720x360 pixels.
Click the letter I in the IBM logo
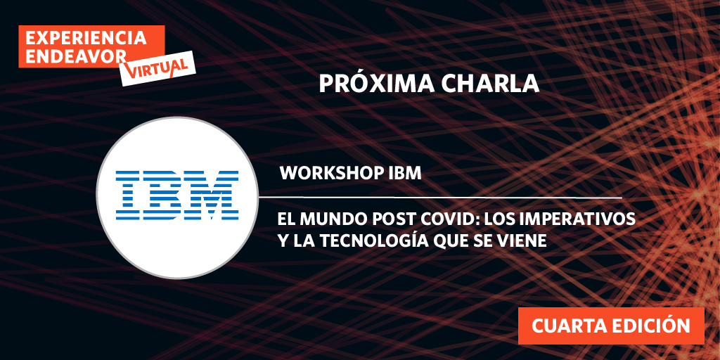click(130, 193)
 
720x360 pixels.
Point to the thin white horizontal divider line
click(450, 197)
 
